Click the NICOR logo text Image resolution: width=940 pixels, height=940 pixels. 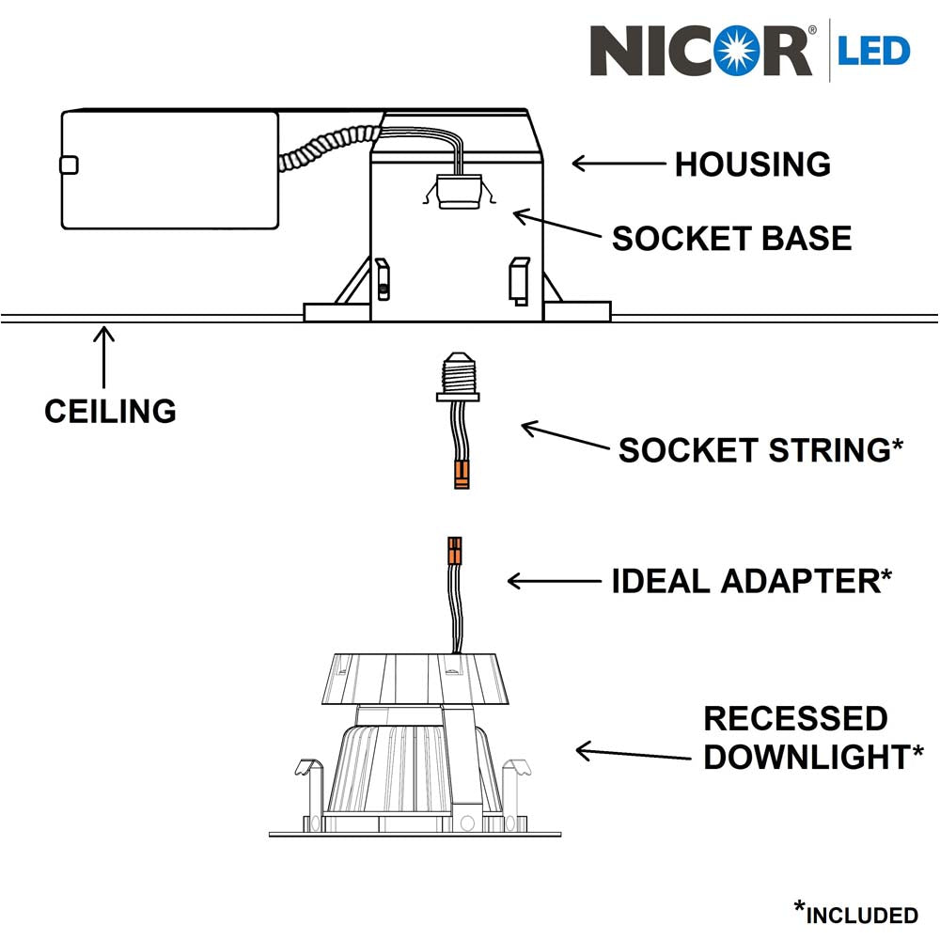pos(700,51)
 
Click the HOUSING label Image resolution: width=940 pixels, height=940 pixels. pos(752,164)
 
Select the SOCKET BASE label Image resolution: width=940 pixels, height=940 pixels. pos(731,239)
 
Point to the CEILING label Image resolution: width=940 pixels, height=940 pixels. pos(110,411)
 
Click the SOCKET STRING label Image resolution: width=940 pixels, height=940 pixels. pos(760,450)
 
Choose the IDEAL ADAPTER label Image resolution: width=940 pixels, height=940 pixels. pos(749,581)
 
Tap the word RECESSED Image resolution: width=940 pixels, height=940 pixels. pos(795,719)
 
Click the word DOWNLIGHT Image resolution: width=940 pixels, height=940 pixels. pos(806,758)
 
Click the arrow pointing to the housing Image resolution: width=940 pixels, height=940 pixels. pos(618,164)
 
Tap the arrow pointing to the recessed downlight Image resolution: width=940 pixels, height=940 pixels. pos(621,753)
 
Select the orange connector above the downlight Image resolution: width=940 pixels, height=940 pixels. pos(455,551)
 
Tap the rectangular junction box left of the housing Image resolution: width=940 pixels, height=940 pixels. pos(169,170)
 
